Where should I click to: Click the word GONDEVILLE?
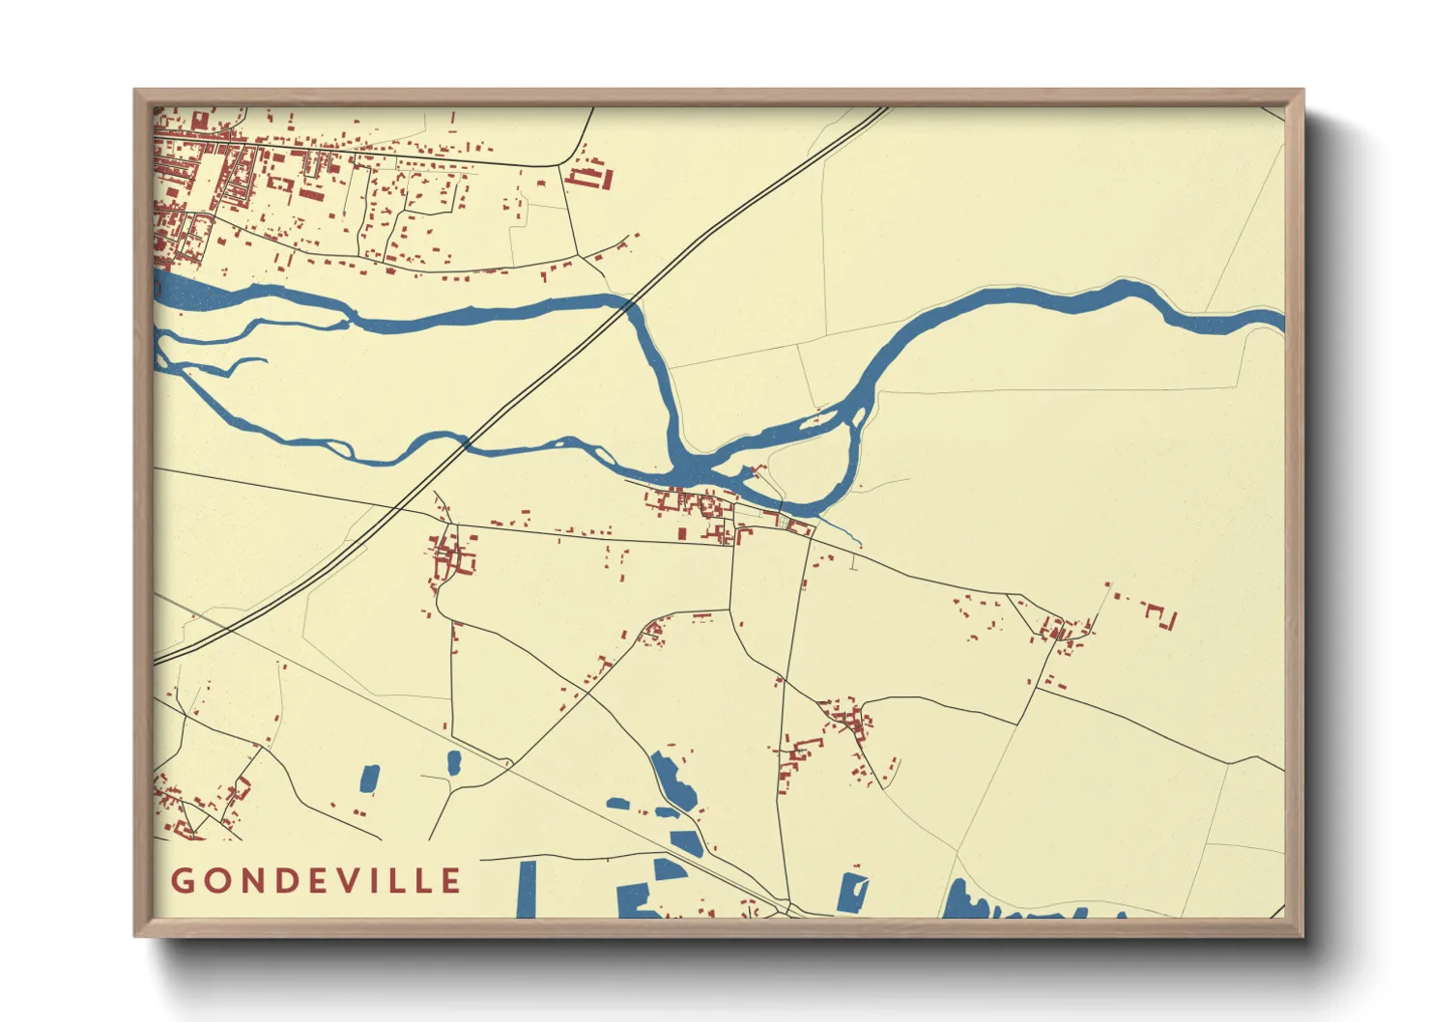pyautogui.click(x=316, y=880)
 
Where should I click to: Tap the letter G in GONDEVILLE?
pyautogui.click(x=182, y=881)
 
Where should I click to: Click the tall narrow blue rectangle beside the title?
pyautogui.click(x=527, y=889)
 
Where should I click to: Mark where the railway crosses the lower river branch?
pyautogui.click(x=465, y=444)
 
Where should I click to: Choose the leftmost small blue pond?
pyautogui.click(x=369, y=778)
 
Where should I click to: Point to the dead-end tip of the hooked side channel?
pyautogui.click(x=265, y=360)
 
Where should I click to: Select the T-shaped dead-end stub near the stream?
pyautogui.click(x=853, y=565)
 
